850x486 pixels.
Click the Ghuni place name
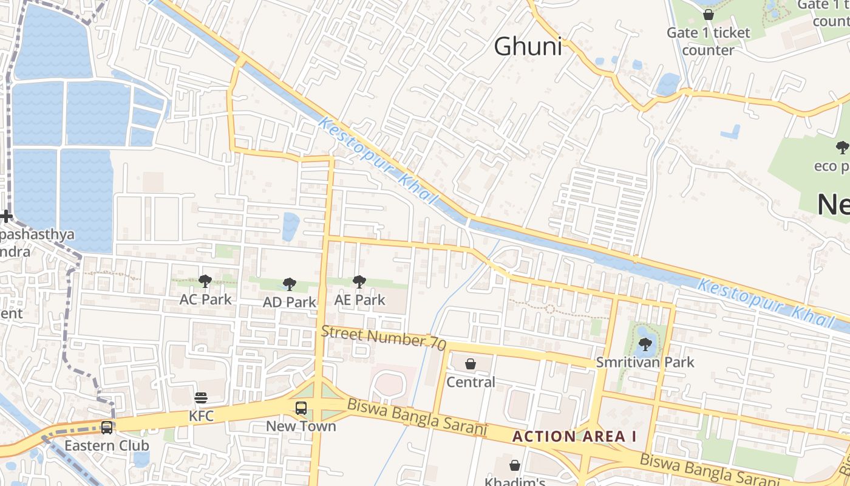[528, 47]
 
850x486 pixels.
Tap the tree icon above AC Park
[205, 281]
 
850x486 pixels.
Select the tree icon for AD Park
[290, 284]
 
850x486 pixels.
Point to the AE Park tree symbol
[359, 281]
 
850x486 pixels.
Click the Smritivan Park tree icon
[645, 345]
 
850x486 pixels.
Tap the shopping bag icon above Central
[471, 364]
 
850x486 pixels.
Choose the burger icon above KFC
[201, 398]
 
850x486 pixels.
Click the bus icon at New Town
[301, 408]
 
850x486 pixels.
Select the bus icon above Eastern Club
[107, 428]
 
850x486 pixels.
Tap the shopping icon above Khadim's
[515, 465]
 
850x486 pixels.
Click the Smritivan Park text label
[645, 363]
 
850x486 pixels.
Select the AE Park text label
[359, 299]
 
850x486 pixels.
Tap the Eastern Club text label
[107, 445]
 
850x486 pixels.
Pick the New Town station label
[301, 426]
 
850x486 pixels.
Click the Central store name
[471, 382]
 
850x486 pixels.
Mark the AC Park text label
[205, 299]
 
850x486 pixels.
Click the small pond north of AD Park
[291, 226]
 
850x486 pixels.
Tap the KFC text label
[201, 416]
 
